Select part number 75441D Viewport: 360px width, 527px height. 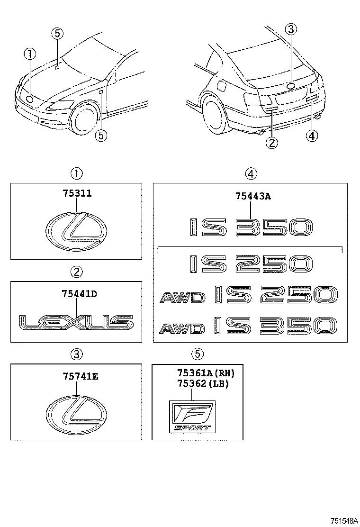tap(79, 293)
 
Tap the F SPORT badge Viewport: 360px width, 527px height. tap(192, 416)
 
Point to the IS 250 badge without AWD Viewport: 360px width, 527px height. tap(251, 263)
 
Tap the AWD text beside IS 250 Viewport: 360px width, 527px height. tap(182, 297)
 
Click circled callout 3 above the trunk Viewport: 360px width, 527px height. tap(291, 29)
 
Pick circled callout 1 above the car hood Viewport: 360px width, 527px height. tap(30, 55)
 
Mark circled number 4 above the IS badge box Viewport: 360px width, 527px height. tap(251, 174)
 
